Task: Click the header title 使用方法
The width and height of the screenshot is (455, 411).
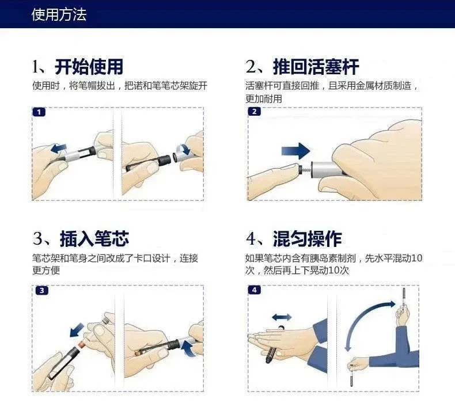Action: click(59, 14)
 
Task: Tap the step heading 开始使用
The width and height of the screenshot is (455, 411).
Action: click(89, 67)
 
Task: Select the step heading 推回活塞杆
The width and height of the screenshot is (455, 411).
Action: click(316, 67)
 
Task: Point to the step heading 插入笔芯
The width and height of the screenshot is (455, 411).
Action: click(94, 239)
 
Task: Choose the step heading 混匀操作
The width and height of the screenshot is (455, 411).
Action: click(308, 239)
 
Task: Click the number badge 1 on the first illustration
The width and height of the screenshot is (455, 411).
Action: click(39, 112)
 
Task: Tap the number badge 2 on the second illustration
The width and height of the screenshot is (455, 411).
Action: click(254, 112)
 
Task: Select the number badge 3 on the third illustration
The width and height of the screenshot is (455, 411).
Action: click(42, 290)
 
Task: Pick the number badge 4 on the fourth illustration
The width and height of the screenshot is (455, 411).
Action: click(254, 290)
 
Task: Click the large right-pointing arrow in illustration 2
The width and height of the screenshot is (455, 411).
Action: click(295, 151)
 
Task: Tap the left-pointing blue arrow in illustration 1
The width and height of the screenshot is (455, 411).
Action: click(58, 149)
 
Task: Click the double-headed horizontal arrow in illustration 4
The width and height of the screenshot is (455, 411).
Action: click(282, 317)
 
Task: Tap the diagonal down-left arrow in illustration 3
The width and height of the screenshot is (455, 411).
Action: click(77, 330)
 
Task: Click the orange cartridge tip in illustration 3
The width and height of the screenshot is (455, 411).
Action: click(83, 344)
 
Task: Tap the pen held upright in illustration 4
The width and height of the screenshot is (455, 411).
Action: click(404, 302)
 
